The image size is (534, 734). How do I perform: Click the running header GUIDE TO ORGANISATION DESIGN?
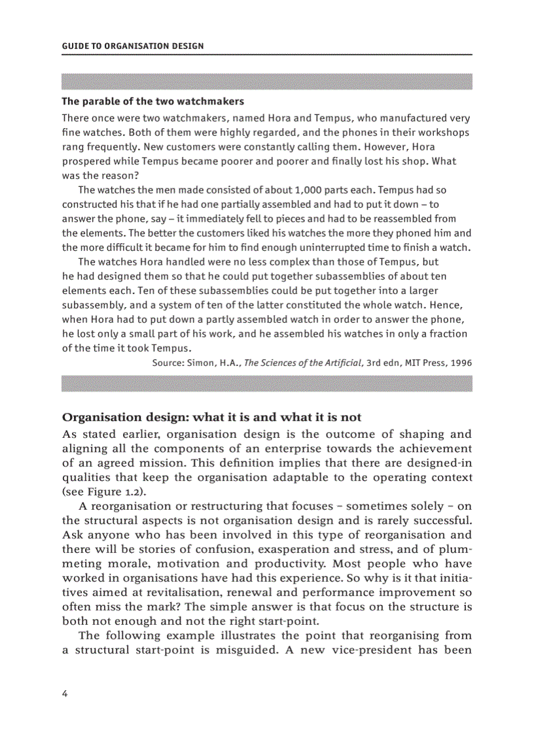(x=132, y=46)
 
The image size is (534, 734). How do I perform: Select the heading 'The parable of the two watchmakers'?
(x=152, y=101)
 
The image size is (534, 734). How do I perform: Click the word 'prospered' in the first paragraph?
(x=86, y=161)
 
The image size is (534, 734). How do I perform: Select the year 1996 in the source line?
(x=460, y=363)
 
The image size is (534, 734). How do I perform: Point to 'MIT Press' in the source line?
(x=421, y=363)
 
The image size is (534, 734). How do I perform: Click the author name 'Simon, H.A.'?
(x=216, y=363)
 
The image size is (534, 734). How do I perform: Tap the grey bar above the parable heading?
(x=267, y=82)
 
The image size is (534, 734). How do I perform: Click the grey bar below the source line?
(x=267, y=384)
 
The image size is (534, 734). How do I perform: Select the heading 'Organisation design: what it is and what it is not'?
(x=211, y=418)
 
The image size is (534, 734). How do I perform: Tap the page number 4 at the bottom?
(x=65, y=693)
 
